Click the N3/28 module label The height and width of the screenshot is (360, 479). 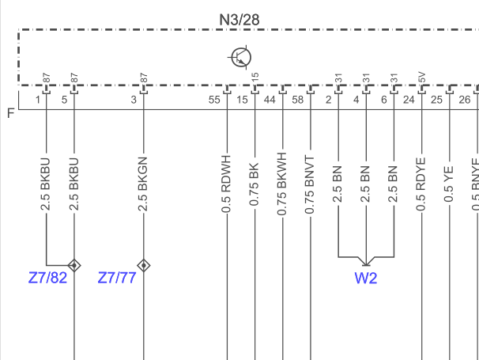coord(239,20)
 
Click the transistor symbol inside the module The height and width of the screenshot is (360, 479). coord(241,57)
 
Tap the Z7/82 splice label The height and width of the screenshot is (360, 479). coord(47,278)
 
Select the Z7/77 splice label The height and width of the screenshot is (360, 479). coord(117,278)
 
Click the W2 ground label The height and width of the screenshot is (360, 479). coord(366,278)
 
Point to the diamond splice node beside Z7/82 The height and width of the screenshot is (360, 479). coord(74,266)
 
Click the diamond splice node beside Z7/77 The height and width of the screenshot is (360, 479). coord(144,266)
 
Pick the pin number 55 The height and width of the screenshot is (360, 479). coord(214,100)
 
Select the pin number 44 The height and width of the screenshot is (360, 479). coord(270,100)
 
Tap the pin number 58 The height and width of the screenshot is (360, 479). coord(298,100)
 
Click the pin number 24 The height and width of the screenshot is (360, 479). coord(409,100)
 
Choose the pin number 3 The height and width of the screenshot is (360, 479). coord(134,100)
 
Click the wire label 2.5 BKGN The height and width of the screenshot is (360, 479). coord(143,184)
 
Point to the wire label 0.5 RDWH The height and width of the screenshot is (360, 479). coord(226,184)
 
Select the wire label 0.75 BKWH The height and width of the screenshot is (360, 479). coord(282,184)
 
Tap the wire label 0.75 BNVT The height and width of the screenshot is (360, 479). coord(310,184)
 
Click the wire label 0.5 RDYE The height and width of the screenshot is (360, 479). coord(421,184)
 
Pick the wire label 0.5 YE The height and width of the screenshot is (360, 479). coord(449,184)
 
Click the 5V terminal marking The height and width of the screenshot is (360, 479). coord(421,78)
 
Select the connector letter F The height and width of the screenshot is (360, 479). coord(11,113)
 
